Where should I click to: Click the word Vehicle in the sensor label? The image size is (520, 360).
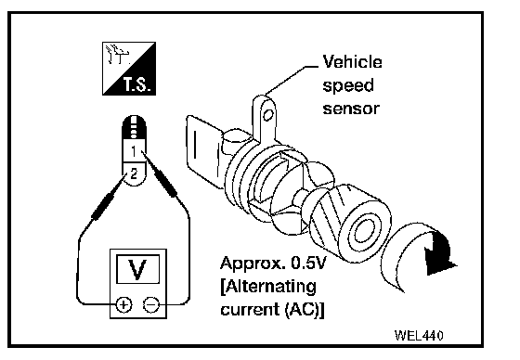pyautogui.click(x=352, y=62)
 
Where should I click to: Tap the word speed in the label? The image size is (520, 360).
pyautogui.click(x=348, y=86)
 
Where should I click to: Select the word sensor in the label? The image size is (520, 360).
pyautogui.click(x=351, y=109)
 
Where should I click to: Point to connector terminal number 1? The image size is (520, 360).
pyautogui.click(x=134, y=151)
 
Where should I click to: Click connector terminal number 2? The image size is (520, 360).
pyautogui.click(x=134, y=174)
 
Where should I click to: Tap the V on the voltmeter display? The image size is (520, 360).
pyautogui.click(x=137, y=269)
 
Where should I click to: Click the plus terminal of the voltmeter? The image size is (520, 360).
pyautogui.click(x=123, y=304)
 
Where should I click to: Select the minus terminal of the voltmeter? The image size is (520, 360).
pyautogui.click(x=151, y=304)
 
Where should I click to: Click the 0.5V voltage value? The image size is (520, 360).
pyautogui.click(x=308, y=263)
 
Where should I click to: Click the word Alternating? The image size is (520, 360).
pyautogui.click(x=270, y=287)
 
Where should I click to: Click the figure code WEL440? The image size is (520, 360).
pyautogui.click(x=419, y=336)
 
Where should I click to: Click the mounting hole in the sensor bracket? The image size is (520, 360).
pyautogui.click(x=268, y=115)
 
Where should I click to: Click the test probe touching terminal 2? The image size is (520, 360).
pyautogui.click(x=106, y=203)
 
